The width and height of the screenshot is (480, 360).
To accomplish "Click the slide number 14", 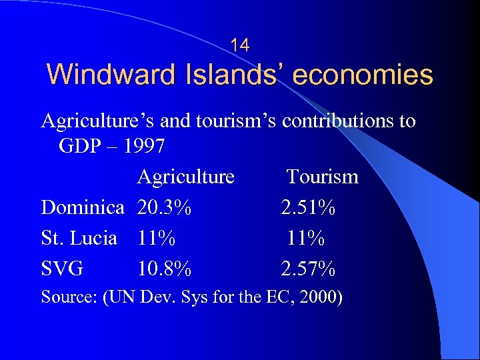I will (x=240, y=45).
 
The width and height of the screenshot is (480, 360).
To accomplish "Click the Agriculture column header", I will (x=186, y=177).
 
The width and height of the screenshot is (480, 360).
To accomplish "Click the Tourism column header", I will (x=323, y=177).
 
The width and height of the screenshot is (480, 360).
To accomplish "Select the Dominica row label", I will (x=83, y=207).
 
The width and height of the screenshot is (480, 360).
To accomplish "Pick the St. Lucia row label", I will (x=79, y=238).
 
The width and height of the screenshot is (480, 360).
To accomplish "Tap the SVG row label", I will (x=63, y=269).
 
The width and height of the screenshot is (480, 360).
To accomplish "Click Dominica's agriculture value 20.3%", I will (x=164, y=207).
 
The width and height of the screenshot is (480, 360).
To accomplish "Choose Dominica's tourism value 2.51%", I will (x=308, y=207).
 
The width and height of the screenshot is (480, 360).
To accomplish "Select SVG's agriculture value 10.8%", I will (x=164, y=269).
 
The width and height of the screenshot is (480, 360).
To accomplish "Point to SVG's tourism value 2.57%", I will (x=308, y=269).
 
